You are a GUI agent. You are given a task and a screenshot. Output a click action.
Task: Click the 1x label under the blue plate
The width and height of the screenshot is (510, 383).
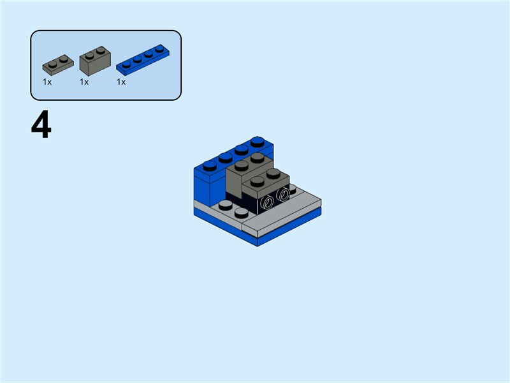(121, 82)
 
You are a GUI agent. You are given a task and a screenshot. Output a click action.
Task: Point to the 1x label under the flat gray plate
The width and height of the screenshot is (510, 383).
(47, 82)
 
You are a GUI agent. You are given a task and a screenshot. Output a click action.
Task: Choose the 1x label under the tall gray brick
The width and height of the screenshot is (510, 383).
(84, 82)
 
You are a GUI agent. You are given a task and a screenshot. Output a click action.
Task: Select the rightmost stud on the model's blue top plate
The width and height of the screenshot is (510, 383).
(258, 141)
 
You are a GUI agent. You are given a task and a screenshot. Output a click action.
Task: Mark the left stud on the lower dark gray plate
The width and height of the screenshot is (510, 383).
(258, 181)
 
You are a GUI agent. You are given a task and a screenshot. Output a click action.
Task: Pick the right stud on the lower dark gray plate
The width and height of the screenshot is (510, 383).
(273, 173)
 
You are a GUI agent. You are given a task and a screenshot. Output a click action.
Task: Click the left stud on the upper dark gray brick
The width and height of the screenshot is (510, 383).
(242, 165)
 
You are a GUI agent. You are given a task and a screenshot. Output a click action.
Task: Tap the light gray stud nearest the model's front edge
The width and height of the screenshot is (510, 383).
(241, 212)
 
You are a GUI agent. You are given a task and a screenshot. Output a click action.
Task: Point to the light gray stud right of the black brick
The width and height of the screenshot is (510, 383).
(292, 189)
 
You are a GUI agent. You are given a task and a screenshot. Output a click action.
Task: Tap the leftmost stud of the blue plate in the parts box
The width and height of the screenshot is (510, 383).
(127, 64)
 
